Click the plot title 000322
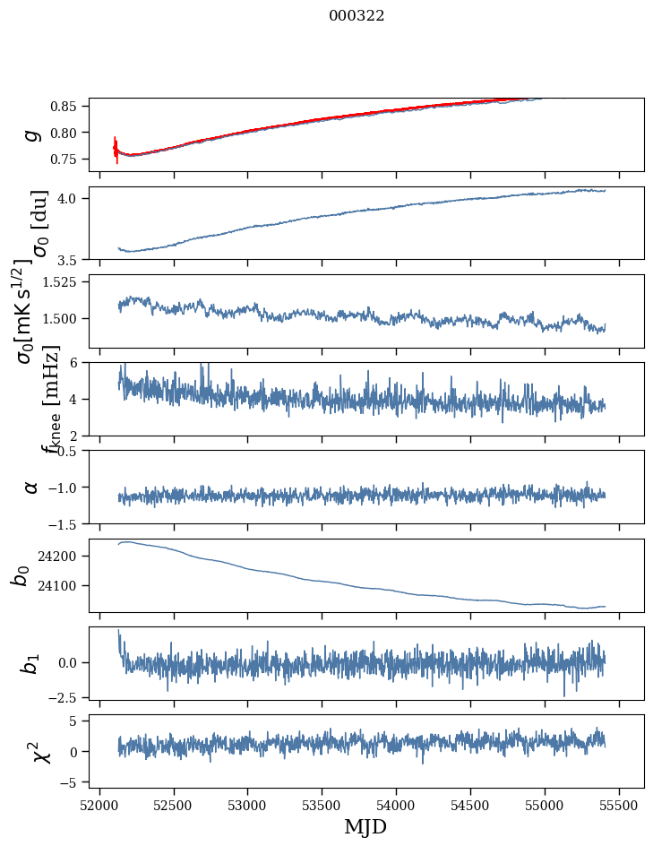click(357, 16)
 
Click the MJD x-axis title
click(365, 827)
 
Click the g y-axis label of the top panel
click(32, 134)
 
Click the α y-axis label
click(32, 487)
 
